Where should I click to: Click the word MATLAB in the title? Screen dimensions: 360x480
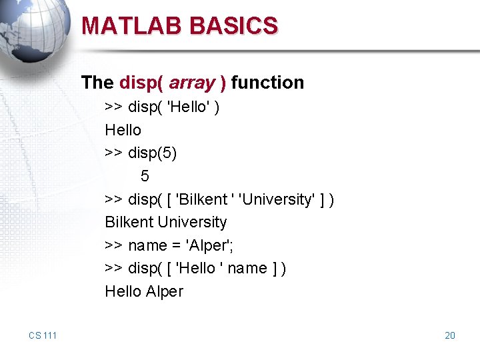click(x=133, y=25)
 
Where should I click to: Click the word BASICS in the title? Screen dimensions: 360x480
click(x=233, y=25)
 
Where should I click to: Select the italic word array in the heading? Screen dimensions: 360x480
click(x=192, y=83)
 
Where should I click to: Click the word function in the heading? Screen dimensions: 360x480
click(x=269, y=83)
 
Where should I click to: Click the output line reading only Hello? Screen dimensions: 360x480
click(x=123, y=130)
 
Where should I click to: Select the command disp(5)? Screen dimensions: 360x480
click(x=153, y=153)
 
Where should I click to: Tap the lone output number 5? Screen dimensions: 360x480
click(x=145, y=176)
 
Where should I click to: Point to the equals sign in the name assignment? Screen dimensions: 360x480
click(x=177, y=245)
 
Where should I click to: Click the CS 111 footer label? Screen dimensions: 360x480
click(x=43, y=335)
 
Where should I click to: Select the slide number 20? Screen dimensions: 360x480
click(x=450, y=335)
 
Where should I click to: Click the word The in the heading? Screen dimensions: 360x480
click(x=97, y=83)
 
